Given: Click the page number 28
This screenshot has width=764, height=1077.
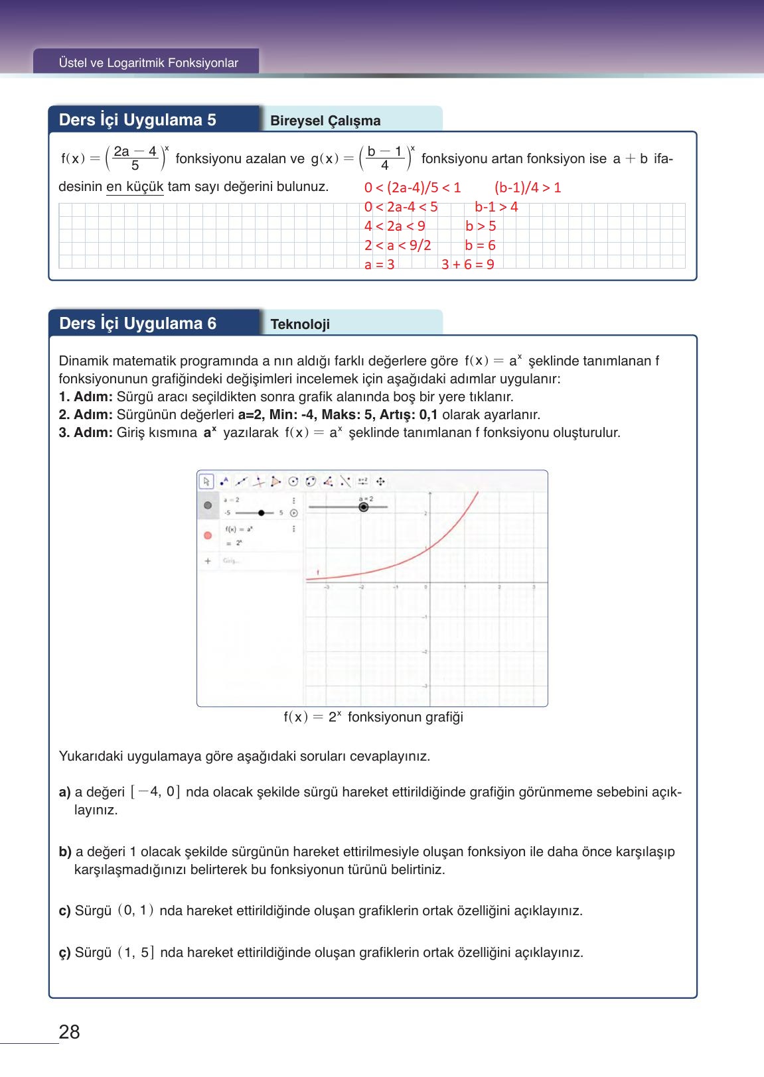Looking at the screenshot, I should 69,1031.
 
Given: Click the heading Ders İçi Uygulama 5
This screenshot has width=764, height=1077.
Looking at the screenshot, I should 137,120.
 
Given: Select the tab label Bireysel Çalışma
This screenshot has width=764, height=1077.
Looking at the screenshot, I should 325,121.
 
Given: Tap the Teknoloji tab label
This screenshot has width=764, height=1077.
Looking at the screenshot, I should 300,324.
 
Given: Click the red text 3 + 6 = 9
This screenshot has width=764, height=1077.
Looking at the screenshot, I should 467,265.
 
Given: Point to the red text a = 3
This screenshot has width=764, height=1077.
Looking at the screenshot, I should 379,265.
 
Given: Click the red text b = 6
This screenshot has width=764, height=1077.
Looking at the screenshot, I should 480,245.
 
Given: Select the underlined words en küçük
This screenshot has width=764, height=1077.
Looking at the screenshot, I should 135,187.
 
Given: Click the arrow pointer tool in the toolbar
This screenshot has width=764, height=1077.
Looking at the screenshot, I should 206,481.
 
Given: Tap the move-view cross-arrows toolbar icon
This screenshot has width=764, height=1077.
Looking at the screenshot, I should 381,481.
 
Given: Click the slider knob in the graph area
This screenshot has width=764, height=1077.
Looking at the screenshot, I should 363,507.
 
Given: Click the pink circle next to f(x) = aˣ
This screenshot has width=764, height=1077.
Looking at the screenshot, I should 208,535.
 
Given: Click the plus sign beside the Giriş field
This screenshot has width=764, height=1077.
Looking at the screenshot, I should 208,561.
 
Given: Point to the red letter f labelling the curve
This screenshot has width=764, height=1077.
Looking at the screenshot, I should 317,572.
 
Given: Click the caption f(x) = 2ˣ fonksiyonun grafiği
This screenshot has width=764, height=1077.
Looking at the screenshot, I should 373,717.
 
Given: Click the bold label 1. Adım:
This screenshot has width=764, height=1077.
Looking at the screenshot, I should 86,397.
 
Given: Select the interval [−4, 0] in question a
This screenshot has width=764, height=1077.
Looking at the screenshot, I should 155,792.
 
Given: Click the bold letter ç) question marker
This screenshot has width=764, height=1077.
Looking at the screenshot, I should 64,953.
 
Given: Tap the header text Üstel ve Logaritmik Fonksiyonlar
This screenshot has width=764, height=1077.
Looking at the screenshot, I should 148,63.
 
